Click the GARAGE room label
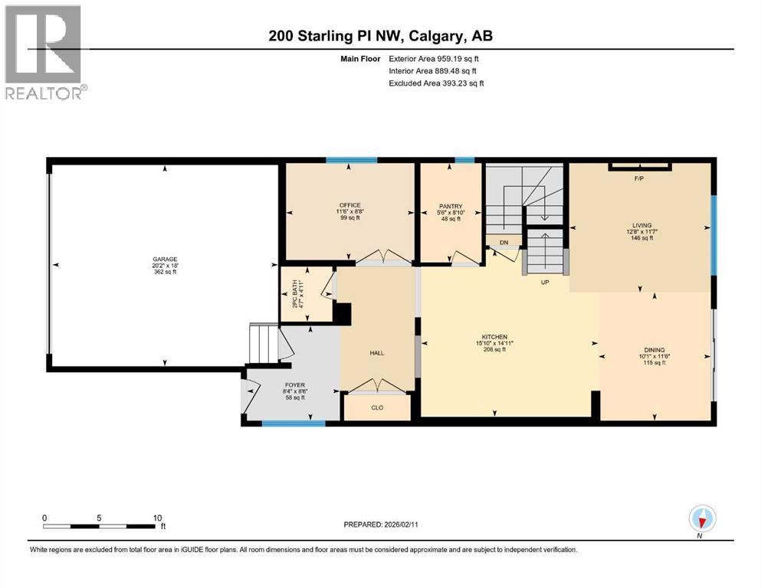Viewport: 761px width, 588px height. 164,259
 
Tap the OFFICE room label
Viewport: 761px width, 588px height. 350,205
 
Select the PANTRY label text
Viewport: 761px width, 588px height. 450,206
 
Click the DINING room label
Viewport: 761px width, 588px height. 654,350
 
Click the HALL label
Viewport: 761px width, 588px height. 377,353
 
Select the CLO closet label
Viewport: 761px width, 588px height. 377,407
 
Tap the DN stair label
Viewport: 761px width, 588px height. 504,242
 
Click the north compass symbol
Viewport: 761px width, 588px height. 701,519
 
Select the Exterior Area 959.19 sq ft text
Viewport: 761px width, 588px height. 436,58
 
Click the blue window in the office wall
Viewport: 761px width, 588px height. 351,160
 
